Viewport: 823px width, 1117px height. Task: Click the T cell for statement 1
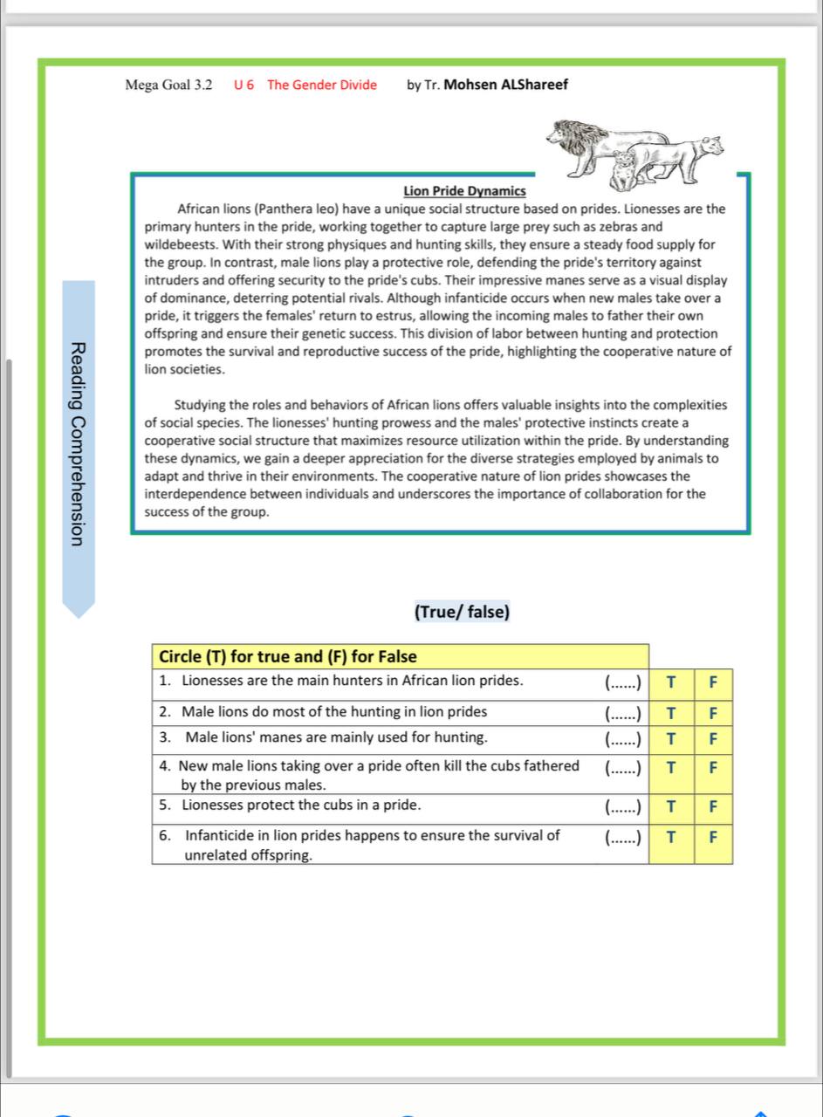pyautogui.click(x=670, y=682)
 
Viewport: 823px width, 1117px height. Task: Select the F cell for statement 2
pyautogui.click(x=713, y=712)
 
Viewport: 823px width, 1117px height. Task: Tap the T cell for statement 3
pyautogui.click(x=670, y=738)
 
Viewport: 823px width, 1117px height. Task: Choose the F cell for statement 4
pyautogui.click(x=713, y=769)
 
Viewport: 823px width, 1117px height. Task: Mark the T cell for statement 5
pyautogui.click(x=670, y=805)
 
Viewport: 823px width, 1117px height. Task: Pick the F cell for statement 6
pyautogui.click(x=713, y=836)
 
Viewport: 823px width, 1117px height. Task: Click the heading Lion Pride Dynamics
pyautogui.click(x=464, y=190)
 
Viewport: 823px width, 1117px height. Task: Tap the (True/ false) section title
pyautogui.click(x=462, y=612)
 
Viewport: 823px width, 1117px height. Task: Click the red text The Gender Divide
pyautogui.click(x=322, y=85)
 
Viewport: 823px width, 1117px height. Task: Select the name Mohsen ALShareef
pyautogui.click(x=506, y=85)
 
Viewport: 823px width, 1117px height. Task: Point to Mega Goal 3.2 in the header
pyautogui.click(x=168, y=85)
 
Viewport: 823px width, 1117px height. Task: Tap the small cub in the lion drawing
pyautogui.click(x=623, y=170)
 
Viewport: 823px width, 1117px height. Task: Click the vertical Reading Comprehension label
pyautogui.click(x=79, y=445)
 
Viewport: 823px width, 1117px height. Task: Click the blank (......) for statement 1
pyautogui.click(x=623, y=682)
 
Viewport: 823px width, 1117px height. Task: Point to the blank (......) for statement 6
pyautogui.click(x=623, y=836)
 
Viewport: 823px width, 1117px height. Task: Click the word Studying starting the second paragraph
pyautogui.click(x=200, y=405)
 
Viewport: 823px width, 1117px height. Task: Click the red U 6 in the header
pyautogui.click(x=244, y=85)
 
